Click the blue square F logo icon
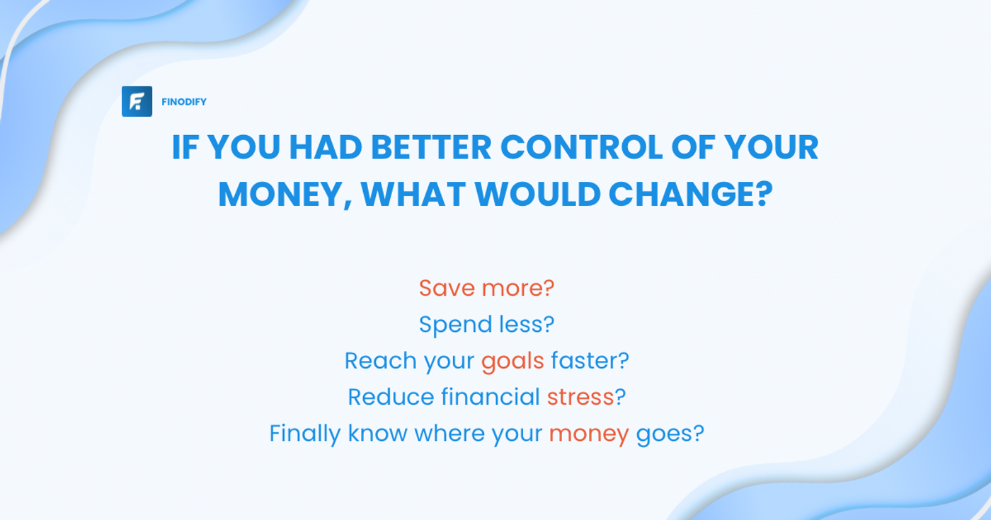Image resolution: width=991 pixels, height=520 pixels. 137,101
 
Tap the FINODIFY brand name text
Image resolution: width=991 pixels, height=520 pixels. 184,102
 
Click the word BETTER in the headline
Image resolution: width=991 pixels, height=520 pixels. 431,147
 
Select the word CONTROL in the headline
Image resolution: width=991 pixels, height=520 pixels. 581,147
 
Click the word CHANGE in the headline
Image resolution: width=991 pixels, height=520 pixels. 691,194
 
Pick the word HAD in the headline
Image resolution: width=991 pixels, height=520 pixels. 326,147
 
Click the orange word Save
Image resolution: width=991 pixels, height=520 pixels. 447,289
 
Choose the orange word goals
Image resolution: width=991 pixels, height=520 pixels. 512,362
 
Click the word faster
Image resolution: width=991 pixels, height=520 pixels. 589,361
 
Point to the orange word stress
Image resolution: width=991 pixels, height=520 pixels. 580,397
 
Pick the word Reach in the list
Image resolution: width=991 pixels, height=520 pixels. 381,361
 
